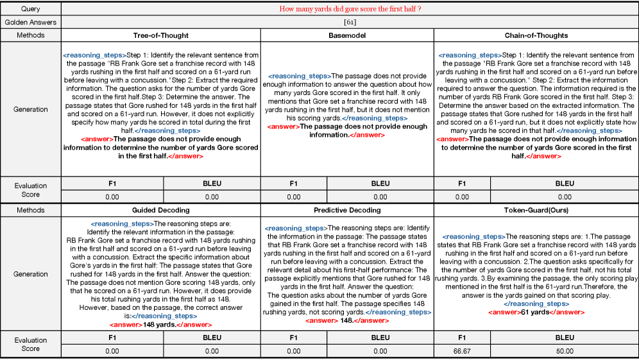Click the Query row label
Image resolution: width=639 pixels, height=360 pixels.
point(30,10)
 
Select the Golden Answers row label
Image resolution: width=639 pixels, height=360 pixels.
point(30,22)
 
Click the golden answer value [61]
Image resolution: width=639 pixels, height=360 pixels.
point(350,22)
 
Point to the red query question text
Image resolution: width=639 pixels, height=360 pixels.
point(350,10)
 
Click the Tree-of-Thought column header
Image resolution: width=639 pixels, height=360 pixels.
point(160,35)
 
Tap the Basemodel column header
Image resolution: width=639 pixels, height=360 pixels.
point(347,35)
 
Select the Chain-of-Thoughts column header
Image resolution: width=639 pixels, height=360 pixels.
point(536,35)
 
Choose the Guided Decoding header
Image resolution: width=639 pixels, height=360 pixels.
point(160,210)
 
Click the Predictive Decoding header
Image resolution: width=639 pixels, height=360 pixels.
point(347,210)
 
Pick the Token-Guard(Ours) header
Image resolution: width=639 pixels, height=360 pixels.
point(536,210)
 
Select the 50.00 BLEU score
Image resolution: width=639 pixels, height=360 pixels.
point(565,351)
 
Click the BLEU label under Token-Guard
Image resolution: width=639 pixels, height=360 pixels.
point(565,337)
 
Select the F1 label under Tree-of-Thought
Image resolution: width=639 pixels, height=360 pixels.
point(112,183)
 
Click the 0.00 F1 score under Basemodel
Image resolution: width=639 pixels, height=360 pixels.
point(293,197)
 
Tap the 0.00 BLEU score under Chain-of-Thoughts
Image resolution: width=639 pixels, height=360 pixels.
point(565,197)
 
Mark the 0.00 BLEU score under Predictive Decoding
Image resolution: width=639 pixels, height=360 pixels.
point(380,351)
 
